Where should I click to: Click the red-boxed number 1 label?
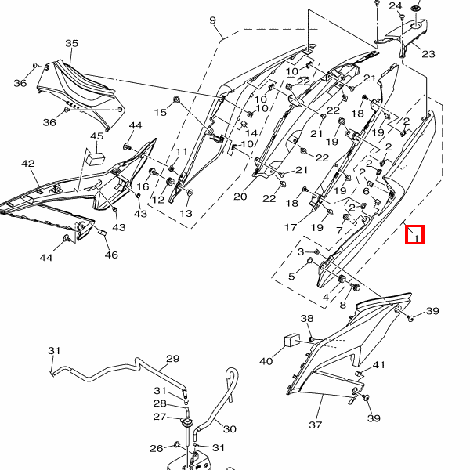pyautogui.click(x=414, y=234)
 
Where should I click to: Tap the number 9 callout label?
pyautogui.click(x=212, y=19)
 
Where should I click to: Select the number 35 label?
pyautogui.click(x=71, y=43)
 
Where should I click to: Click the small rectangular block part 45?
pyautogui.click(x=97, y=157)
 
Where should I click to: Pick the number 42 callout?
pyautogui.click(x=28, y=164)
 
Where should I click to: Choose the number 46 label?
pyautogui.click(x=111, y=255)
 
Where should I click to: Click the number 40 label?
pyautogui.click(x=266, y=361)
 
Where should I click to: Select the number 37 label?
pyautogui.click(x=316, y=425)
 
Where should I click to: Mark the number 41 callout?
pyautogui.click(x=379, y=366)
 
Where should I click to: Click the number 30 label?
pyautogui.click(x=229, y=428)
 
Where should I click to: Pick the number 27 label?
pyautogui.click(x=160, y=417)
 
